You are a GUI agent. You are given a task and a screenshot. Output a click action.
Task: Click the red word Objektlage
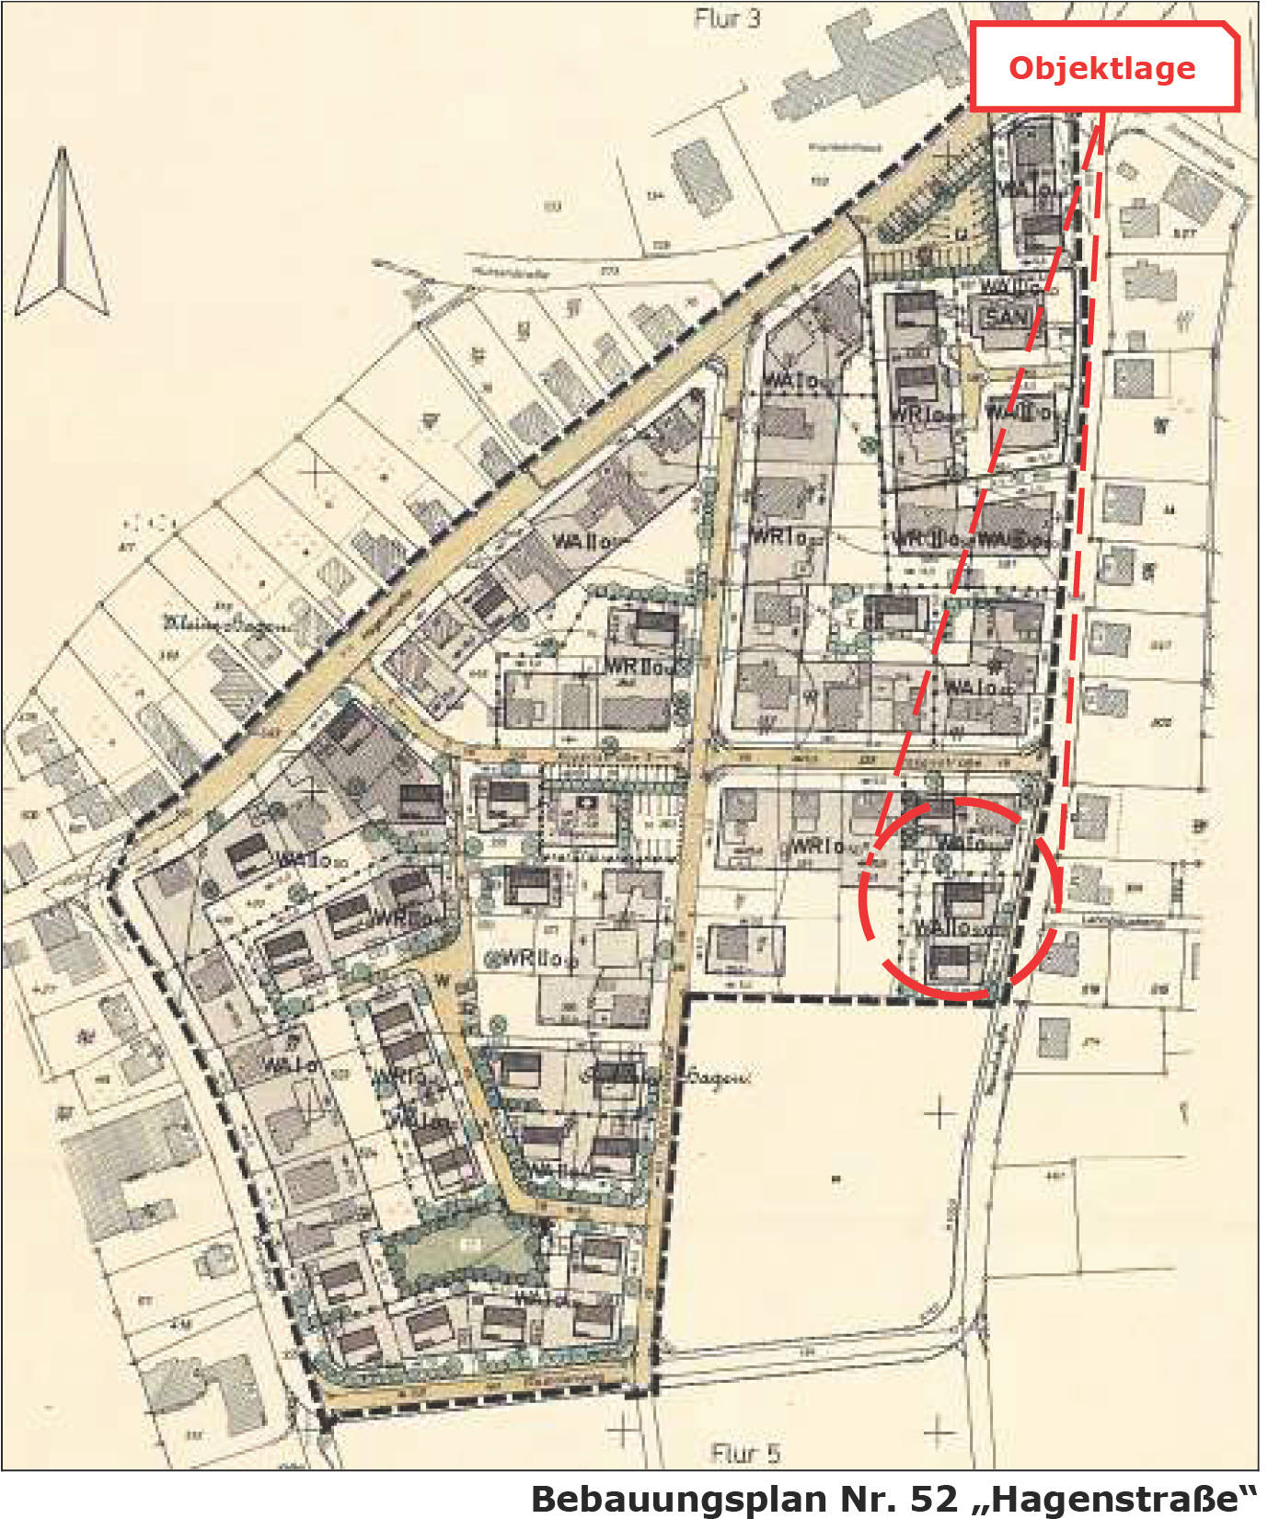[1101, 68]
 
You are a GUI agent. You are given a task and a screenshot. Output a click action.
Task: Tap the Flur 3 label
[727, 18]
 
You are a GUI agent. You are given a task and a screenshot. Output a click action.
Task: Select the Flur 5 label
[745, 1453]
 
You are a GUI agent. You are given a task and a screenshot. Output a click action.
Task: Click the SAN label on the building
[1006, 318]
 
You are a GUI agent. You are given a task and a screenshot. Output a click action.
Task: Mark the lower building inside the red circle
[951, 962]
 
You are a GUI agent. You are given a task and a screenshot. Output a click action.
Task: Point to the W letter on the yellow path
[443, 981]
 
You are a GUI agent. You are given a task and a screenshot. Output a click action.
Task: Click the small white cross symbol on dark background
[587, 803]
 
